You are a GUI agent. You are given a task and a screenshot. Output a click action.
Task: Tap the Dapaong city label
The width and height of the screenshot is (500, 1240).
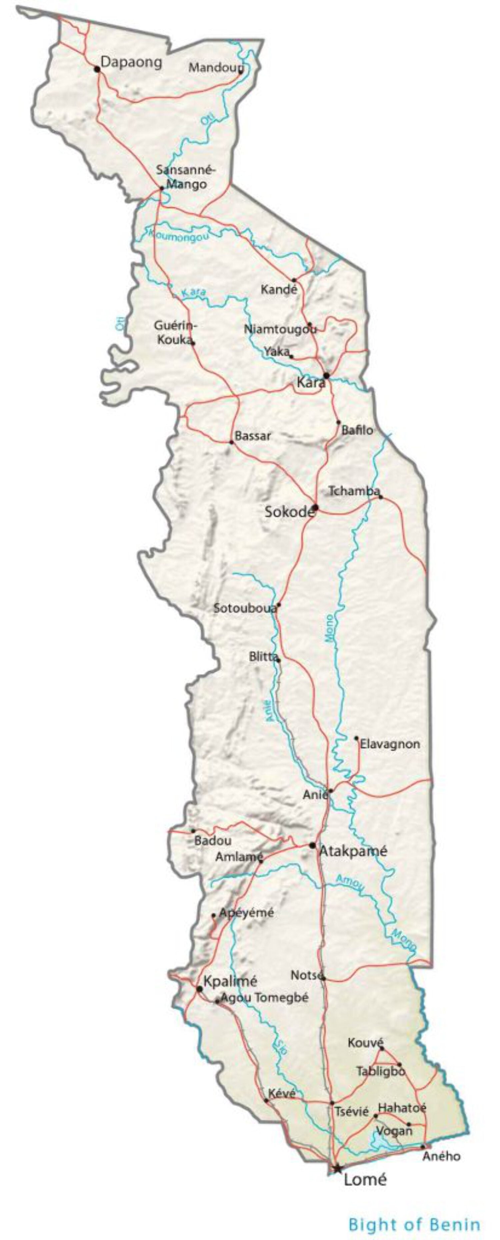click(131, 62)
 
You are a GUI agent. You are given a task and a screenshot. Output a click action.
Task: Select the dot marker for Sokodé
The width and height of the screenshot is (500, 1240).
click(315, 507)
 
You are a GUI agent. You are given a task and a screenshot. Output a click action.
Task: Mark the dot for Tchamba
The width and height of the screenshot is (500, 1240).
click(381, 496)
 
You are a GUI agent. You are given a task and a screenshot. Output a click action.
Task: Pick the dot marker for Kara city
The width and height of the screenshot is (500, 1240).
click(326, 375)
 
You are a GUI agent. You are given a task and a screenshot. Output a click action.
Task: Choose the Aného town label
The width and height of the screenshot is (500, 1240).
click(441, 1156)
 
